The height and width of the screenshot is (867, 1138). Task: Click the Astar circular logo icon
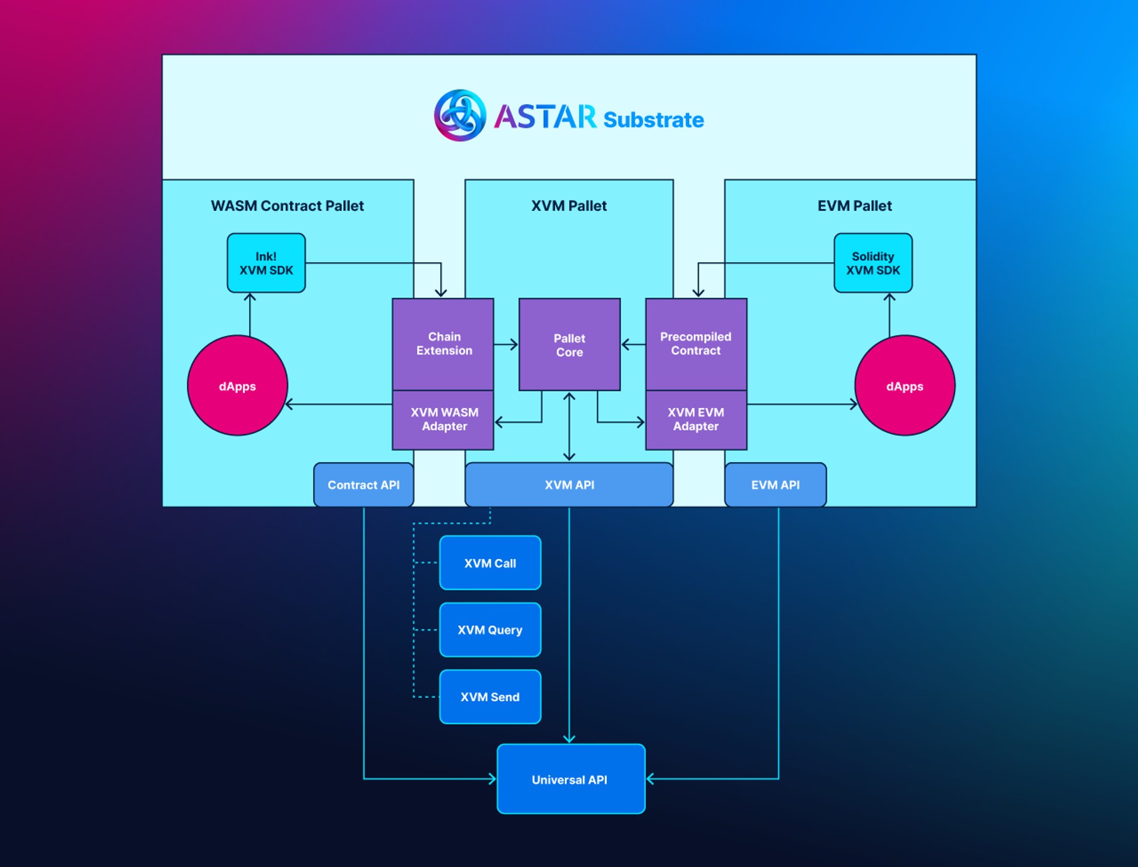pos(460,115)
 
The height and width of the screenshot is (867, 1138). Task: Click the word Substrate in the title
pos(653,120)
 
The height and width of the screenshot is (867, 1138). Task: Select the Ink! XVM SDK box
pos(266,263)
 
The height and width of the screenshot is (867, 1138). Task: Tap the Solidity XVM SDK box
pos(872,263)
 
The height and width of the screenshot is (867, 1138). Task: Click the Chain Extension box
pos(443,344)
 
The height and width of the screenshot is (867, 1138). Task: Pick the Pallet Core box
pos(569,345)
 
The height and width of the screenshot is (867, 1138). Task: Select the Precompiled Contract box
pos(695,344)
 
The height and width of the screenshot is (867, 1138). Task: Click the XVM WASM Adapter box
pos(443,420)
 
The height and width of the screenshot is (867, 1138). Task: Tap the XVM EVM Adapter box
pos(695,420)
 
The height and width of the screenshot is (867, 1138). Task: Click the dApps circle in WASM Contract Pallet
pos(237,386)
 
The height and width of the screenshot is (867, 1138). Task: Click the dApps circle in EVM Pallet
pos(904,386)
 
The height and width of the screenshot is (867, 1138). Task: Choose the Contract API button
pos(364,485)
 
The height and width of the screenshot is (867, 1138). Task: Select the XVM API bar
pos(569,485)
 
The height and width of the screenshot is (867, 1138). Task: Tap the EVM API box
pos(775,485)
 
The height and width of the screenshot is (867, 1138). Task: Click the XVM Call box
pos(490,563)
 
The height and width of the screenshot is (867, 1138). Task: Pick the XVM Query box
pos(490,630)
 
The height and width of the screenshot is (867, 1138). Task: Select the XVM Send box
pos(490,697)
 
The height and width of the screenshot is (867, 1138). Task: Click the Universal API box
pos(571,779)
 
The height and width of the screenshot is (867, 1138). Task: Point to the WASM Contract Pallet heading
pos(287,206)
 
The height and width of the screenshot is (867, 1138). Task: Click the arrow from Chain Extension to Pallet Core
pos(506,345)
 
